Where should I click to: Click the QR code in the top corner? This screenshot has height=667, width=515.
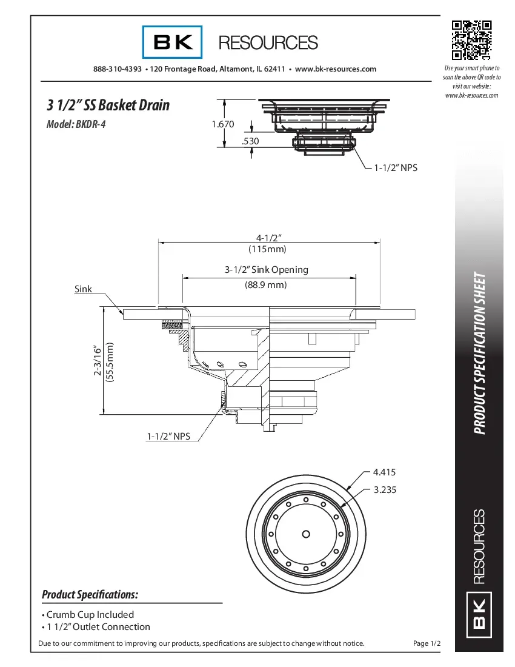[x=471, y=40]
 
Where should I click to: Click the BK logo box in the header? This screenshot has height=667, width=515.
[x=173, y=42]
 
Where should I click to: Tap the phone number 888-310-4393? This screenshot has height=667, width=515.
[x=118, y=69]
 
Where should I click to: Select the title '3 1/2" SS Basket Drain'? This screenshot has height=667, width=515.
[x=108, y=105]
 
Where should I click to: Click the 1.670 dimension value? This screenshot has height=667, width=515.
[x=223, y=124]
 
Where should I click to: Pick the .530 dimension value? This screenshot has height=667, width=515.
[x=250, y=141]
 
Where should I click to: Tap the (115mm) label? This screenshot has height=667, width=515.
[x=267, y=249]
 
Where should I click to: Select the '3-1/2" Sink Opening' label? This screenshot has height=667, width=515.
[x=267, y=269]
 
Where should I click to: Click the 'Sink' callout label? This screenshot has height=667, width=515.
[x=83, y=289]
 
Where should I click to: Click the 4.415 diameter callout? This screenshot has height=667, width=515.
[x=385, y=472]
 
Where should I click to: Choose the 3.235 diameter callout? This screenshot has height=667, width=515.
[x=385, y=490]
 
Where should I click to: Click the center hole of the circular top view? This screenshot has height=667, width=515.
[x=306, y=534]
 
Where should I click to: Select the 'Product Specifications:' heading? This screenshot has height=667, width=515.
[x=90, y=594]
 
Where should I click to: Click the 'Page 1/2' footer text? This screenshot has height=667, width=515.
[x=427, y=643]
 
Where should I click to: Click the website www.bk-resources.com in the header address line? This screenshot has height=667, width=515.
[x=335, y=69]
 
